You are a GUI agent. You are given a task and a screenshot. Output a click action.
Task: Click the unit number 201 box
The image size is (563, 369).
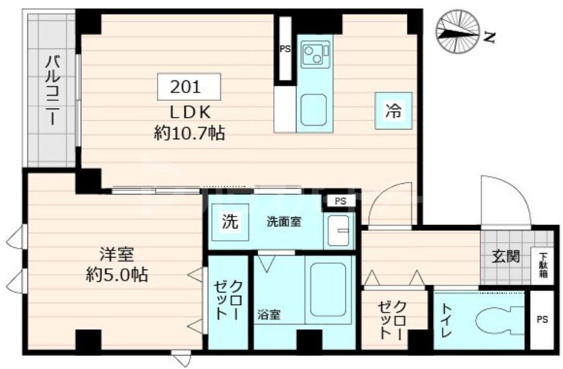188,86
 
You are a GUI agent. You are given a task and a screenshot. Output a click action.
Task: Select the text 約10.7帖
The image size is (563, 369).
190,133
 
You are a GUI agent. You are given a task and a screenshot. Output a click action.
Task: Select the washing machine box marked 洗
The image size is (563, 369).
229,222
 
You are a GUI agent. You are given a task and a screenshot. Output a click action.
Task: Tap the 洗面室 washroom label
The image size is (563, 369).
284,222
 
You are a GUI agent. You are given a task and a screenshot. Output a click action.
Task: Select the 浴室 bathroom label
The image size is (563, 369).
269,315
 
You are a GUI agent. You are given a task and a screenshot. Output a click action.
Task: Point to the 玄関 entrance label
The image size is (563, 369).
506,256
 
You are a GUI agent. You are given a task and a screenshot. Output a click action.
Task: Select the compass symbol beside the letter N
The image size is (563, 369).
458,32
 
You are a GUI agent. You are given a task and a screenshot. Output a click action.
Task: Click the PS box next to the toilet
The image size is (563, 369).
542,320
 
